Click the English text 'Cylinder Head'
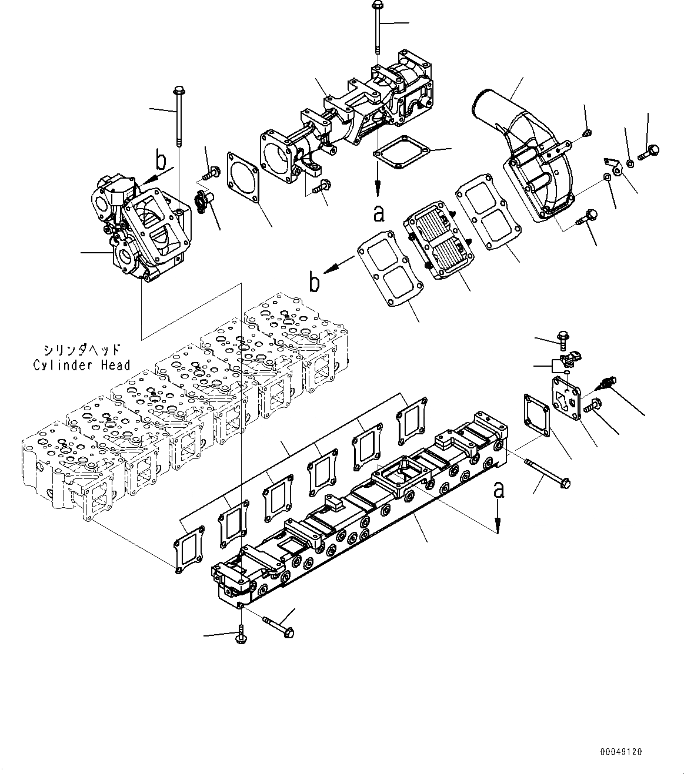81,366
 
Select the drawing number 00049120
621,752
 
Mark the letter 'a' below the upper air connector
379,213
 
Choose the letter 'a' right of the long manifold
498,490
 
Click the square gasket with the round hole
242,175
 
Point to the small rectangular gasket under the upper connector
404,153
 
